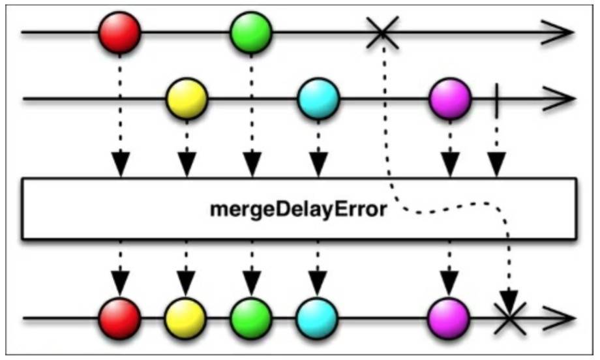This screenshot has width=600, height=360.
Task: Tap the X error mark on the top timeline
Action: click(x=383, y=32)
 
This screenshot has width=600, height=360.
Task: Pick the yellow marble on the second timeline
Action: click(x=187, y=99)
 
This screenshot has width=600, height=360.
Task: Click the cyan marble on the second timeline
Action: click(x=318, y=99)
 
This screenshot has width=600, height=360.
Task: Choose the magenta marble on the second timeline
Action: click(x=450, y=99)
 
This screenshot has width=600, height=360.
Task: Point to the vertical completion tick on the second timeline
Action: click(x=497, y=99)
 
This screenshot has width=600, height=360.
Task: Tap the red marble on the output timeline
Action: click(x=120, y=318)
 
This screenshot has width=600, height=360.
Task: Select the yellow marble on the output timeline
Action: click(x=186, y=318)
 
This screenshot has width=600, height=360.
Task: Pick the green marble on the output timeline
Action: click(x=251, y=318)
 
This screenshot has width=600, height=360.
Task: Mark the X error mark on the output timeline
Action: click(x=511, y=319)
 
